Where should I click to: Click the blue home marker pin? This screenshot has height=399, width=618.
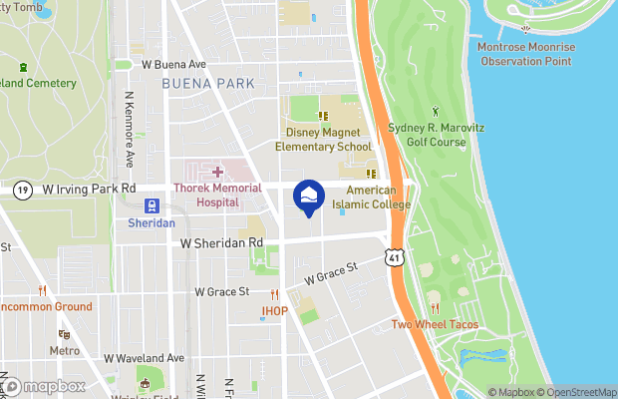pyautogui.click(x=308, y=197)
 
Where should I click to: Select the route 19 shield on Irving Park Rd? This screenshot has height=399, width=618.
pyautogui.click(x=22, y=189)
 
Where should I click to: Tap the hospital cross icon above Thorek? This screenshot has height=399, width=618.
pyautogui.click(x=217, y=174)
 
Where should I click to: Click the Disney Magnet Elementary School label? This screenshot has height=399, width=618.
pyautogui.click(x=328, y=139)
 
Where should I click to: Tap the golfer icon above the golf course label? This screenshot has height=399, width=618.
pyautogui.click(x=435, y=110)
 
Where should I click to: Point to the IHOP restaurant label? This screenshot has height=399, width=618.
pyautogui.click(x=274, y=311)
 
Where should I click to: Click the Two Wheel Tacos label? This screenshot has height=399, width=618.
pyautogui.click(x=434, y=324)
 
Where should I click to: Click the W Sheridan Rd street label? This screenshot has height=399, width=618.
pyautogui.click(x=221, y=242)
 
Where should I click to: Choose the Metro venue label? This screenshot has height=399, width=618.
pyautogui.click(x=65, y=350)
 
